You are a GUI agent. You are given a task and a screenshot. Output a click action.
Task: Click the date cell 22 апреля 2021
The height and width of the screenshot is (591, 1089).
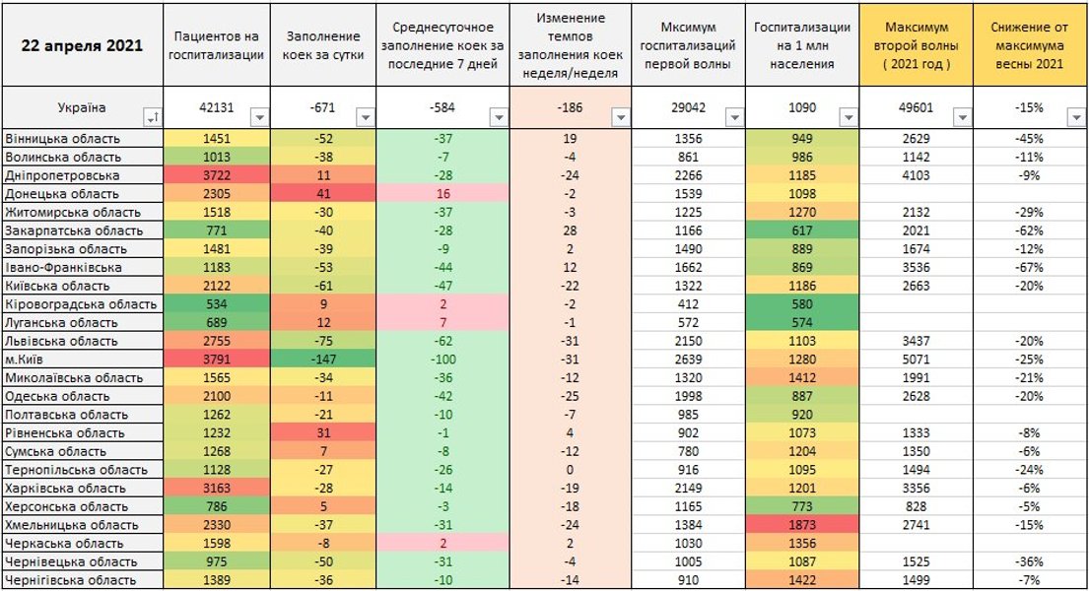(x=84, y=45)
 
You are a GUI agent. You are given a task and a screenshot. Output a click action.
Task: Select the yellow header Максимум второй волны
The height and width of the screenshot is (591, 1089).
(x=917, y=45)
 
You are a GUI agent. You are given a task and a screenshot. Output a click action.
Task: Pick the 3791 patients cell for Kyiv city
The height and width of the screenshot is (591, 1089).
(x=215, y=360)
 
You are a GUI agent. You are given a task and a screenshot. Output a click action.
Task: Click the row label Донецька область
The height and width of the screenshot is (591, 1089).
(x=61, y=194)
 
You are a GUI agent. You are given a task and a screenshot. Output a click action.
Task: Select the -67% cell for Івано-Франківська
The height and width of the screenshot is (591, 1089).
(x=1030, y=267)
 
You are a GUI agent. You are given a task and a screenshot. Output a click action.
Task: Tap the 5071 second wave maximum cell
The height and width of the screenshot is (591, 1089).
(x=917, y=360)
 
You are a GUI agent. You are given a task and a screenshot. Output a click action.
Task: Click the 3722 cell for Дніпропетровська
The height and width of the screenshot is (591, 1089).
(x=215, y=175)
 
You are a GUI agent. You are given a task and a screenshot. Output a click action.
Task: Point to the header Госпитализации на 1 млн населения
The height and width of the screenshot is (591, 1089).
(x=803, y=45)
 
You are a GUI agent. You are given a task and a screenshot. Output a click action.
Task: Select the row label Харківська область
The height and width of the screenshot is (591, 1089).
(x=65, y=488)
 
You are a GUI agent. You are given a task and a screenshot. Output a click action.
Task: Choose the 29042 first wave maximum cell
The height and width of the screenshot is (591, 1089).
(x=686, y=108)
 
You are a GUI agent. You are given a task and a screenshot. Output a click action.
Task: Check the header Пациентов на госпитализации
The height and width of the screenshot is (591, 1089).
(x=217, y=45)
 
